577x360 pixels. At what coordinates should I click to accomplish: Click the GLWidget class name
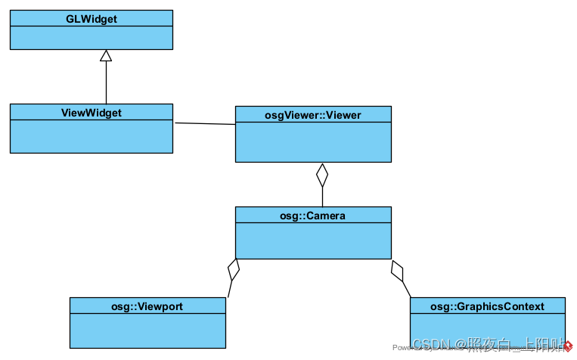(91, 18)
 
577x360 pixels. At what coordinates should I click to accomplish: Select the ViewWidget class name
(91, 112)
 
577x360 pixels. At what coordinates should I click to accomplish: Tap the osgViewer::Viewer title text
(313, 115)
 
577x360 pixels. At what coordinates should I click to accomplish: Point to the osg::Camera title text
(313, 216)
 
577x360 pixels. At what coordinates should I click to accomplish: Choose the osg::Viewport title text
(147, 306)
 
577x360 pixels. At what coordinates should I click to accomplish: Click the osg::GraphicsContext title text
(487, 306)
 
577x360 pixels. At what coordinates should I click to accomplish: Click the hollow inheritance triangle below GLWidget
(106, 55)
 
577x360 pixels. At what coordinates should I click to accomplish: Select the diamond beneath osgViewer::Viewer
(322, 175)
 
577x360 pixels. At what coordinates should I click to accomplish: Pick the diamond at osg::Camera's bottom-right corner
(397, 269)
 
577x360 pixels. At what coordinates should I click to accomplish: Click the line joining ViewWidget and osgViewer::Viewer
(204, 123)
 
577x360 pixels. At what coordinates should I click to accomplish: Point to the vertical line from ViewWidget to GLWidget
(106, 83)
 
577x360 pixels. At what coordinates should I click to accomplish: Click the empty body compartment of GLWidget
(91, 37)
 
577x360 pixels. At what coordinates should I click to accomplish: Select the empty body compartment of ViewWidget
(91, 136)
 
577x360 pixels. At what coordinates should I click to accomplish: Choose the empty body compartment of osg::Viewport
(147, 331)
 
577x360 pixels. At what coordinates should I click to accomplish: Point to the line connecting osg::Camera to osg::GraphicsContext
(406, 288)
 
